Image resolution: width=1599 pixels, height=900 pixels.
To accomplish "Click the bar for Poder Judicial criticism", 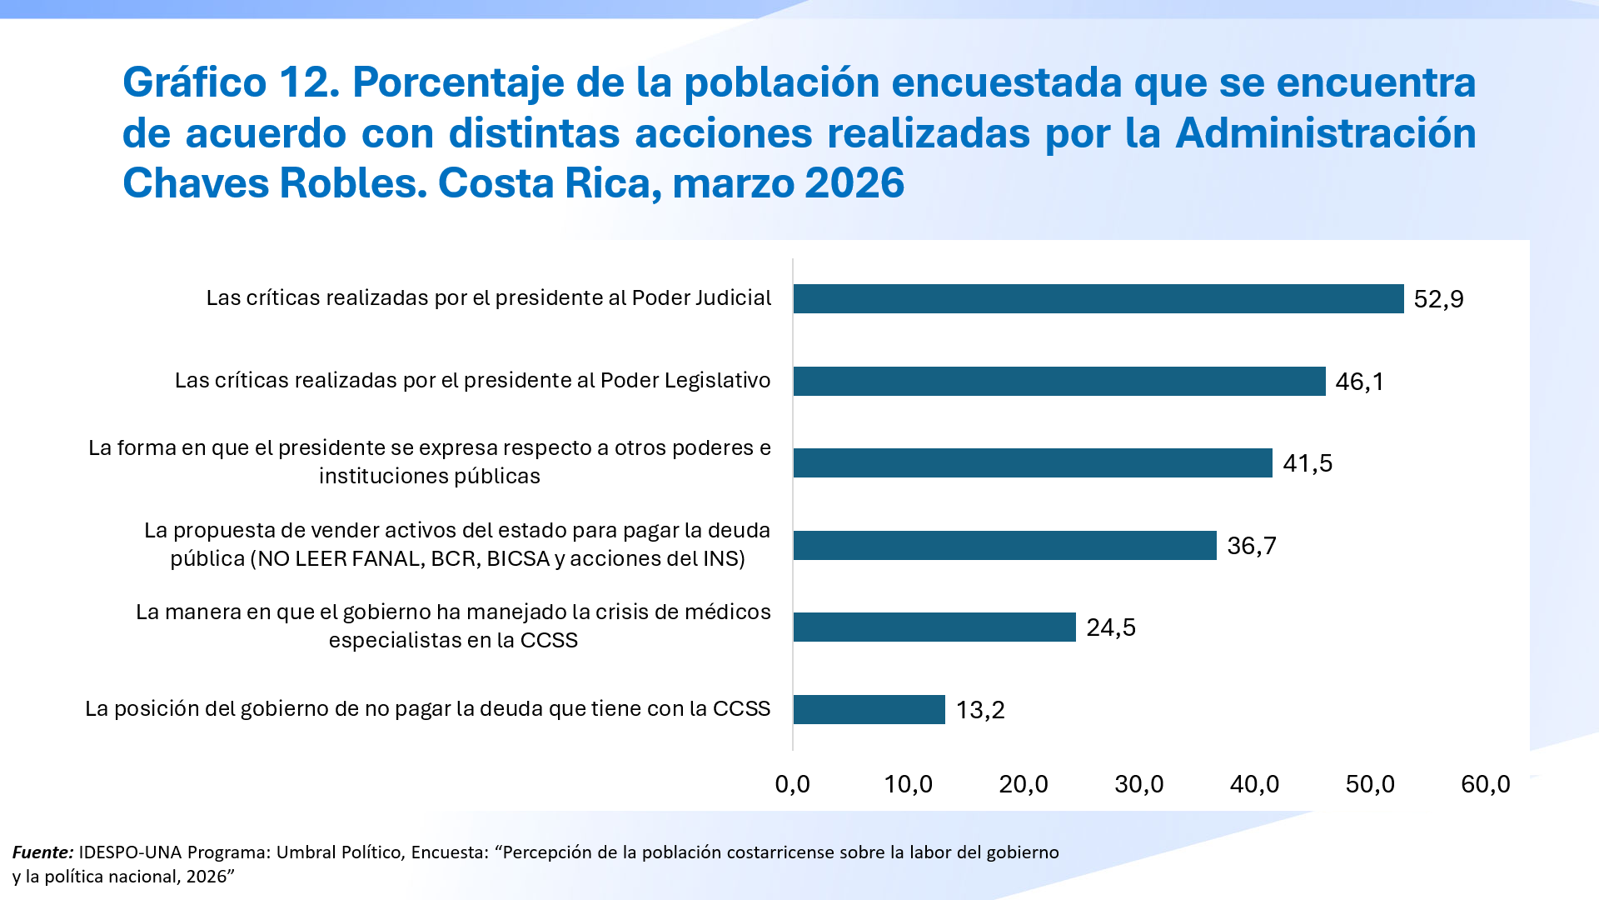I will pos(1098,298).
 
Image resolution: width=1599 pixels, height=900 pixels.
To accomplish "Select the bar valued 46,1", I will pos(1059,381).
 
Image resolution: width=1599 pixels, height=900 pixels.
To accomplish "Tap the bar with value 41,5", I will pos(1033,462).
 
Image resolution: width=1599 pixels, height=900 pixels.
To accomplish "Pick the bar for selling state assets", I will pos(1004,545).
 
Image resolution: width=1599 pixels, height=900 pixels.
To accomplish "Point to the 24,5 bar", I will pos(934,627).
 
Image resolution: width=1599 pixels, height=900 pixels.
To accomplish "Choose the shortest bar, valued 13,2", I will pos(869,709).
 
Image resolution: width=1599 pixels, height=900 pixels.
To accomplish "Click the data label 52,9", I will pos(1438,299).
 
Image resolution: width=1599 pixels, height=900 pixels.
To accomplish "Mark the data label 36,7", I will pos(1251,546).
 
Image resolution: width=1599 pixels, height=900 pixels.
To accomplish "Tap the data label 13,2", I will pos(980,710).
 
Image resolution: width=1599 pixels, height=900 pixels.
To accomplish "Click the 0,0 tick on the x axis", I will pos(792,784).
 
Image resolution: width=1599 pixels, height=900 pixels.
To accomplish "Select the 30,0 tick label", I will pos(1138,784).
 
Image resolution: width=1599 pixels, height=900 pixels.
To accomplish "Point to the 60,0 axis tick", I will pos(1485,784).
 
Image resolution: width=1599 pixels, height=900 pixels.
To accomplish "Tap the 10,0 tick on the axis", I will pos(908,784).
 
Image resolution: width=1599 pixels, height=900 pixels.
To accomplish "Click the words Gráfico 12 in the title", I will pos(231,82).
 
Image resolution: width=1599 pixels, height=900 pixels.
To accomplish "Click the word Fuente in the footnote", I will pos(42,852).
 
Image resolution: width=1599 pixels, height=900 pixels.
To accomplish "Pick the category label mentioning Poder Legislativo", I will pos(472,381).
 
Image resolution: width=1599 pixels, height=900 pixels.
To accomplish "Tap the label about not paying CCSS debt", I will pos(427,709).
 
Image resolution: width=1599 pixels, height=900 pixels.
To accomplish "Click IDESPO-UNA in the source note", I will pos(130,852).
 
